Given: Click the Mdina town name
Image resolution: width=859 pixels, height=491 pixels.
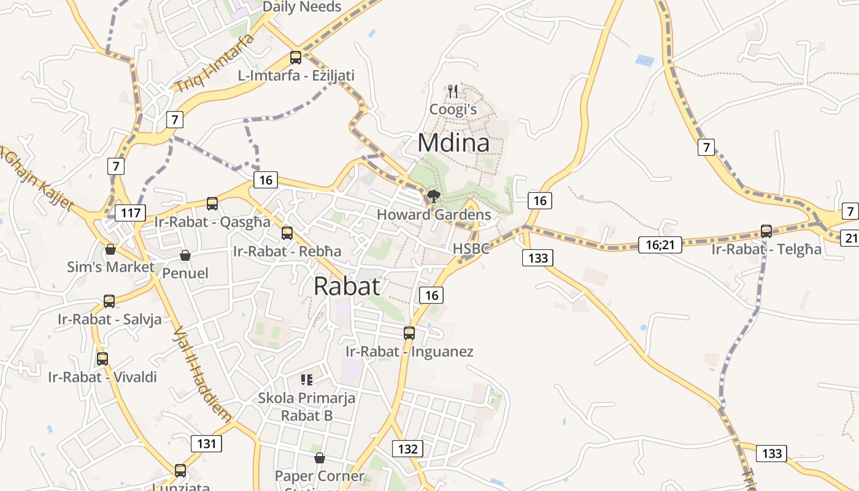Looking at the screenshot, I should point(453,143).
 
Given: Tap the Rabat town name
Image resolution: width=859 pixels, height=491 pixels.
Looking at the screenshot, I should point(347,286).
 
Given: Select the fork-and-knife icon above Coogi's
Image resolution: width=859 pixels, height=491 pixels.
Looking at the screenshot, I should point(453,91).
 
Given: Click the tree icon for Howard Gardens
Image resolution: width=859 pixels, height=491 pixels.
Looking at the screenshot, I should point(434,196).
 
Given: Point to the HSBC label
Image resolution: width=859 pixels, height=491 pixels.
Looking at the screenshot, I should point(471,249).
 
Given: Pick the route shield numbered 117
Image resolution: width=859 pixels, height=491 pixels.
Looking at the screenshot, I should point(131,213).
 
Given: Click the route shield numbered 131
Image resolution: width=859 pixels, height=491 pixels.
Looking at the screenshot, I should point(206,443).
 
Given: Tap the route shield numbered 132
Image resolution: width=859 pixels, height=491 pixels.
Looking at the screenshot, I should point(407,449).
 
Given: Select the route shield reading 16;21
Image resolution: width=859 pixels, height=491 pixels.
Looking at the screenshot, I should point(660,245).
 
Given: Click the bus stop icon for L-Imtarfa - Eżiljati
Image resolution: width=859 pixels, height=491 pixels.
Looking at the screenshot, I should point(296,58).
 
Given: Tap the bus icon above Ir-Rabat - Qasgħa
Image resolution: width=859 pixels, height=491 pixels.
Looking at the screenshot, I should point(212,203).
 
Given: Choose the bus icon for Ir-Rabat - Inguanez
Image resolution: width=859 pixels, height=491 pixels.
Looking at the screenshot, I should point(409,333).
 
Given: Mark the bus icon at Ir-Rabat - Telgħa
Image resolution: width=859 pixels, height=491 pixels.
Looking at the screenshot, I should point(766,231).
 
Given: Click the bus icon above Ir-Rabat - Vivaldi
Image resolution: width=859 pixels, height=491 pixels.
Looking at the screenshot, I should point(102,358).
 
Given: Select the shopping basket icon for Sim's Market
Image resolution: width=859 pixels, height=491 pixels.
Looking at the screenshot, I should point(110,249).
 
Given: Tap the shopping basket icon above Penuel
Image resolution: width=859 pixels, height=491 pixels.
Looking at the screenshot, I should point(185,255).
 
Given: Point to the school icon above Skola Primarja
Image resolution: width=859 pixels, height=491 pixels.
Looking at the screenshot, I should point(307,380).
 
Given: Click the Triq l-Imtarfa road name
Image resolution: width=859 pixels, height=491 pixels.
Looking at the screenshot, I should point(214,63).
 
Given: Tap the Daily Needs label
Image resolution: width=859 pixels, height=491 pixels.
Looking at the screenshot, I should point(301,7).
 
